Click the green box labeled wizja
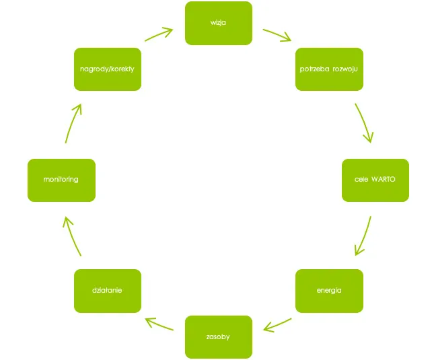(x=218, y=23)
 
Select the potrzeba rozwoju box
(x=329, y=69)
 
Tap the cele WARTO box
(x=375, y=180)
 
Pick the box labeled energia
(x=329, y=291)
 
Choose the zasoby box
(x=218, y=336)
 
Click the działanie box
(x=107, y=291)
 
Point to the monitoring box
(x=61, y=180)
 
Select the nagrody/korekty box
(x=107, y=69)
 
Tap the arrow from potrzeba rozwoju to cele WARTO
(x=364, y=122)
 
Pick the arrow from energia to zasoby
(x=277, y=325)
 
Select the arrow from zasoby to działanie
(x=160, y=324)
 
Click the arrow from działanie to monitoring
(x=72, y=236)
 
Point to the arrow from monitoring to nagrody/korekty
(x=73, y=122)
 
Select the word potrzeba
(x=313, y=69)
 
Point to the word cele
(x=361, y=180)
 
